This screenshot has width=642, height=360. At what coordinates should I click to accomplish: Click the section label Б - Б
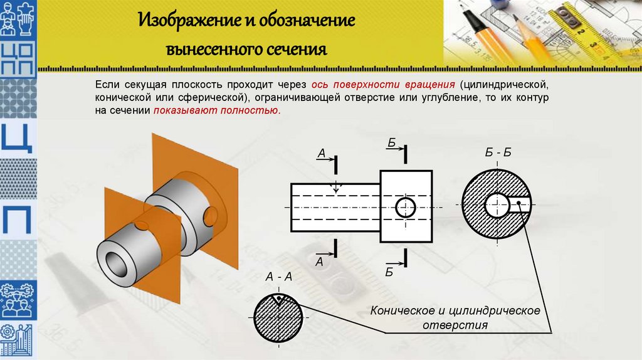coord(498,152)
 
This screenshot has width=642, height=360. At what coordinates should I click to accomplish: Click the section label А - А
coord(279,276)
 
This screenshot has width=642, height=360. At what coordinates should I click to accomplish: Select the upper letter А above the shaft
coord(320,152)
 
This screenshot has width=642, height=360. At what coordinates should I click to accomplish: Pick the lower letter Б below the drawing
coord(389,271)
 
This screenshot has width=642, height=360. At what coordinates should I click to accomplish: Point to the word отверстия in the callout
coord(455,326)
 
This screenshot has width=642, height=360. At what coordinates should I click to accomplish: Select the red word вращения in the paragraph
coord(429,84)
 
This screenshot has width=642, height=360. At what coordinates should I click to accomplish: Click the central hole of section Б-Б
coord(497,203)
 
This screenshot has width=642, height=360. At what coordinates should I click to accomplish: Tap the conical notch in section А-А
coord(278,299)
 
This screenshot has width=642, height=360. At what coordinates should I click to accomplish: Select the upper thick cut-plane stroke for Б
coord(406,152)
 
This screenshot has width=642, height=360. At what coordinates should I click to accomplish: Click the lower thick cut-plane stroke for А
coord(337,248)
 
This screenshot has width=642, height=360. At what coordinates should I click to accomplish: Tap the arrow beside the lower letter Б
coord(394,263)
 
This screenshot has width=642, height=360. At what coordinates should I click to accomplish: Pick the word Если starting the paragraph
coord(106,84)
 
